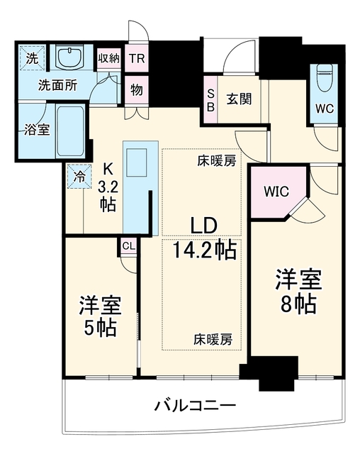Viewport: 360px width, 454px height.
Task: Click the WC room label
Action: click(325, 109)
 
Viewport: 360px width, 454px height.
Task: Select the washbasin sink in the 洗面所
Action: click(69, 57)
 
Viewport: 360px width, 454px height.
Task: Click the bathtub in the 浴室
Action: click(70, 131)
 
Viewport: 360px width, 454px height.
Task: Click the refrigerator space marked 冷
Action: click(79, 177)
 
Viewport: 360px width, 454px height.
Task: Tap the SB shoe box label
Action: click(210, 100)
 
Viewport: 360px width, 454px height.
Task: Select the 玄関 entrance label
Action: click(239, 99)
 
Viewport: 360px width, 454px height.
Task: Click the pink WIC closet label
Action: click(276, 192)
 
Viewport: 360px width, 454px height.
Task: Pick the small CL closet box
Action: click(128, 246)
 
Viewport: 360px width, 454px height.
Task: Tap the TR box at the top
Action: click(137, 58)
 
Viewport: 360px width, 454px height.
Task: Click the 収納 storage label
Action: click(108, 58)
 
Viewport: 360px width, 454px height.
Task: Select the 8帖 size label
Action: click(298, 304)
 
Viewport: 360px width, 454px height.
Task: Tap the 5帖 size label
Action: click(101, 328)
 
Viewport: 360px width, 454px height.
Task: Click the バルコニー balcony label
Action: click(195, 406)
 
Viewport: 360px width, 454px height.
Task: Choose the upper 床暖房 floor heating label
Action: click(217, 161)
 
